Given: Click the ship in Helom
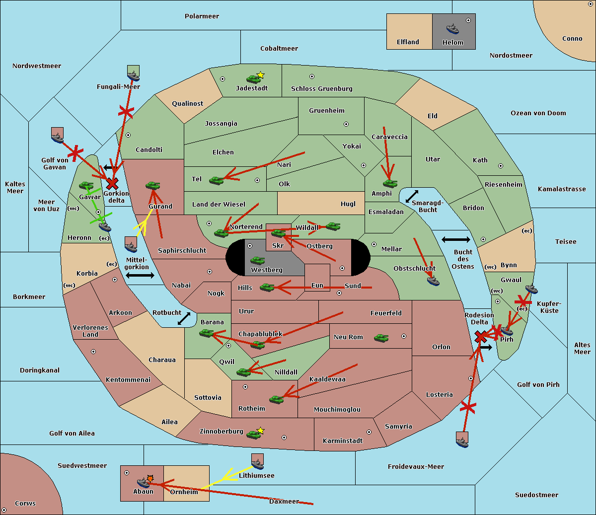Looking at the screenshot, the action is pos(452,29).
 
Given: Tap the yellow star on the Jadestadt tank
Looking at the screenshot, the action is pos(260,75).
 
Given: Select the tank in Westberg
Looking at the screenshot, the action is pos(257,261).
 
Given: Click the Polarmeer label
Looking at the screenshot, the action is pos(202,16).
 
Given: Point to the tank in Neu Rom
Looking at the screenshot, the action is pos(381,338).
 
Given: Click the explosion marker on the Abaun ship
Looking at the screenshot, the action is pos(150,479).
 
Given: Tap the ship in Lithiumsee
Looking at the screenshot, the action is pos(257,464).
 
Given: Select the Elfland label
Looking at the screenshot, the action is pos(408,42).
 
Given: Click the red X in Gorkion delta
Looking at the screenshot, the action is pos(112,183).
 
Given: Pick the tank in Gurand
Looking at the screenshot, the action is pos(152,185).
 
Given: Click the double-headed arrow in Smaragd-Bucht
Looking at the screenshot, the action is pos(412,196).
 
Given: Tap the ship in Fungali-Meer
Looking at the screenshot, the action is pos(134,76).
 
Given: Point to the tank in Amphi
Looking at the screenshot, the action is pos(390,183).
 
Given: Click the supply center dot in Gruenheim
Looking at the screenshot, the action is pos(346,124).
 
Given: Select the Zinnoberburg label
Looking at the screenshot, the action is pos(222,432).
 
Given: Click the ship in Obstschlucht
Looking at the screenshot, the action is pos(433,281).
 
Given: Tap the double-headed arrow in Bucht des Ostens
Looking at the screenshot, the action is pos(456,239).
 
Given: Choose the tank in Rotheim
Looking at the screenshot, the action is pos(276,399).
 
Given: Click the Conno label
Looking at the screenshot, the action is pos(572,39).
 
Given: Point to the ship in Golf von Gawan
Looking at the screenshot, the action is pos(57,138).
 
